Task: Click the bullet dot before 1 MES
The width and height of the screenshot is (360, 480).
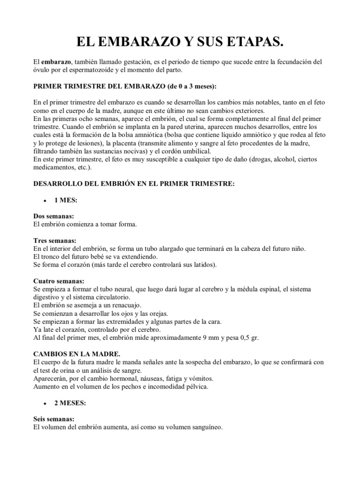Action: [44, 201]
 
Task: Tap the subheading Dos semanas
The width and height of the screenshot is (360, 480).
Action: [53, 217]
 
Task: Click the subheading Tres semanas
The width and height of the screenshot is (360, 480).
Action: [54, 240]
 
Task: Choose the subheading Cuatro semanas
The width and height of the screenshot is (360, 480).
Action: [58, 281]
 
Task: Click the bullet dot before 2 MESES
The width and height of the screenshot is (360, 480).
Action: [44, 403]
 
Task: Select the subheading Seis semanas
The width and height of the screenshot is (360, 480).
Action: [54, 420]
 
